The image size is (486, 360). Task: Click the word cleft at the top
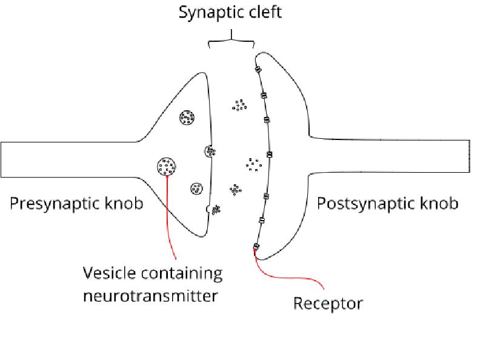coord(264,12)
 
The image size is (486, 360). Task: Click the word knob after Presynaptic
coord(124,203)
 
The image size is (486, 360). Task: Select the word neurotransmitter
coord(151,296)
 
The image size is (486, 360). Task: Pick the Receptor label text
coord(327,302)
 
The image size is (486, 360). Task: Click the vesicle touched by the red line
coord(167,164)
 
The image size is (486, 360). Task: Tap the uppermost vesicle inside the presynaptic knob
coord(187,118)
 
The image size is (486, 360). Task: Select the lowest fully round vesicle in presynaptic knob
coord(196,189)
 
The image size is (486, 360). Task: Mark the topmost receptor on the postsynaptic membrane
coord(258,70)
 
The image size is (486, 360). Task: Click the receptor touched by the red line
coord(256,246)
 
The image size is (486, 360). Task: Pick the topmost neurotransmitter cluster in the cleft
coord(239,105)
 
